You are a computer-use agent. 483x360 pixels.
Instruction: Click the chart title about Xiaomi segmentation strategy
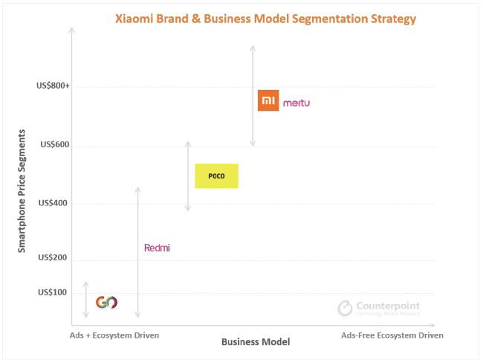(x=265, y=19)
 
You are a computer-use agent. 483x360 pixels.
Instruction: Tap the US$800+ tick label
(x=53, y=86)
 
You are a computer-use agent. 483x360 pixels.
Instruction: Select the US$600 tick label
(x=55, y=144)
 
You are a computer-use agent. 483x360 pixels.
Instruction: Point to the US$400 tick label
(x=55, y=203)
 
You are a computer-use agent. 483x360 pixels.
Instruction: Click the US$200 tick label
(x=55, y=257)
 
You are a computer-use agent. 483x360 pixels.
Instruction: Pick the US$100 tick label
(x=55, y=292)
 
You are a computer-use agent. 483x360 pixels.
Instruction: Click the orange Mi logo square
(x=268, y=100)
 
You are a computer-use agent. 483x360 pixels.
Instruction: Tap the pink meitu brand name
(x=296, y=103)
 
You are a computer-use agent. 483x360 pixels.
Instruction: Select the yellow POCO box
(x=216, y=176)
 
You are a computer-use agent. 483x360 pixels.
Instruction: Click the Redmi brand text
(x=157, y=248)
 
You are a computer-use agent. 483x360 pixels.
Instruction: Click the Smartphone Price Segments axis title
(x=22, y=190)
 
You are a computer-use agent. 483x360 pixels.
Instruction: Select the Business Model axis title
(x=255, y=341)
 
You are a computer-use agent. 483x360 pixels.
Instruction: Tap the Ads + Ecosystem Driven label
(x=114, y=335)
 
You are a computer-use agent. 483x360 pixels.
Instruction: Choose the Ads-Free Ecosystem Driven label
(x=392, y=335)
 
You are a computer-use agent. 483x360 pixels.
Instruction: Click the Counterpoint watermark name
(x=387, y=306)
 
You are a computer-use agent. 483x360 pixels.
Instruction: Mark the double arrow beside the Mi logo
(x=253, y=95)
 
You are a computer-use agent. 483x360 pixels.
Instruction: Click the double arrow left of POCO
(x=188, y=176)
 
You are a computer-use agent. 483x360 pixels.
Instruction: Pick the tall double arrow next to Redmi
(x=137, y=253)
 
